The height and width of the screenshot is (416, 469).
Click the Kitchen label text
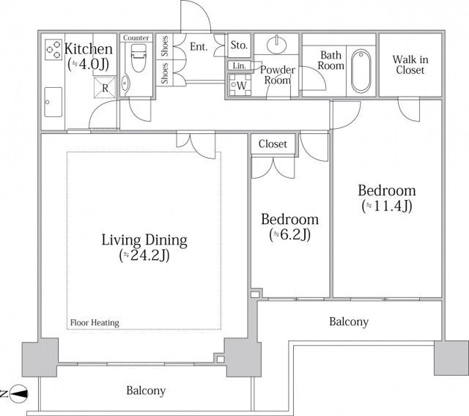pyautogui.click(x=89, y=49)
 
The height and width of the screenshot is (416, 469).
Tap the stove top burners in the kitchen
pyautogui.click(x=53, y=49)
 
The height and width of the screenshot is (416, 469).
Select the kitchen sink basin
pyautogui.click(x=53, y=103)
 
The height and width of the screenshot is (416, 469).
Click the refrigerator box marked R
pyautogui.click(x=105, y=88)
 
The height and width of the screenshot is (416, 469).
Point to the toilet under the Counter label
pyautogui.click(x=139, y=58)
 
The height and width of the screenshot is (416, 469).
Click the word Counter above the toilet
pyautogui.click(x=136, y=38)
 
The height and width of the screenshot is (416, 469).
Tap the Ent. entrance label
pyautogui.click(x=199, y=47)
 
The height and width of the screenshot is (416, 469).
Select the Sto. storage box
pyautogui.click(x=239, y=45)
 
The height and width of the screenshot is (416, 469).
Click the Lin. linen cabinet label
pyautogui.click(x=239, y=66)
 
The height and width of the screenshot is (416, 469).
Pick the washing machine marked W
pyautogui.click(x=240, y=85)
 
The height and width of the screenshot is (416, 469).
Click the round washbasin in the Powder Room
pyautogui.click(x=277, y=45)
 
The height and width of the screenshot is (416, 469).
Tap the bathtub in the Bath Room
pyautogui.click(x=361, y=71)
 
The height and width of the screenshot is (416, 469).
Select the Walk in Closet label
pyautogui.click(x=410, y=64)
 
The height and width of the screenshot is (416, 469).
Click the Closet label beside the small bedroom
pyautogui.click(x=273, y=144)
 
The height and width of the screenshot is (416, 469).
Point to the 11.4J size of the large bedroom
pyautogui.click(x=387, y=206)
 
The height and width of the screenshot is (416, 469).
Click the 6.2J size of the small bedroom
pyautogui.click(x=290, y=234)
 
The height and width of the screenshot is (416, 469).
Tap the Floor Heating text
pyautogui.click(x=95, y=323)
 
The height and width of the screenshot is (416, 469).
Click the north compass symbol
pyautogui.click(x=18, y=393)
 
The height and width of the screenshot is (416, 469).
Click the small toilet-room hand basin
pyautogui.click(x=125, y=83)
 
